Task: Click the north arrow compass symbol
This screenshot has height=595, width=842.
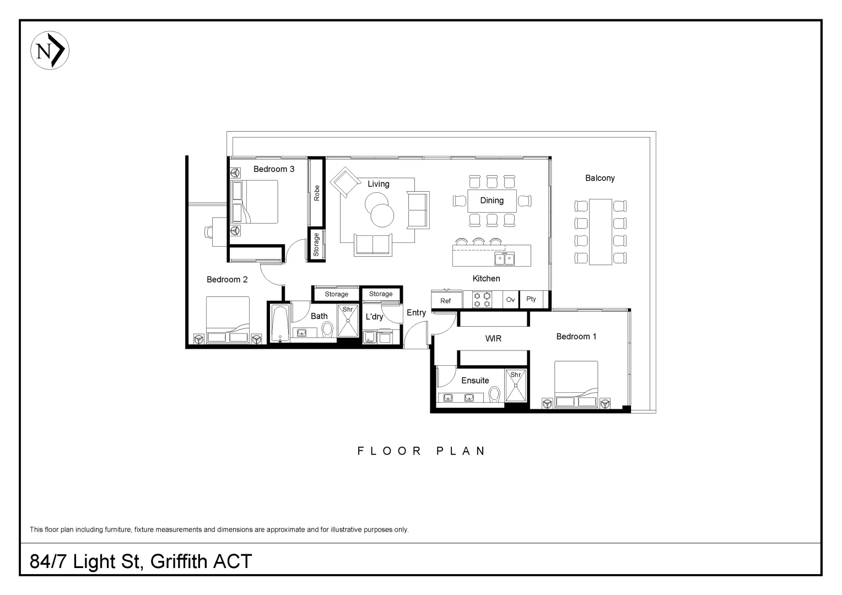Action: point(50,51)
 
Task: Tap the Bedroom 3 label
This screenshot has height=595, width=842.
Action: point(273,169)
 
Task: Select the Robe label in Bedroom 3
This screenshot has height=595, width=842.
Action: point(317,192)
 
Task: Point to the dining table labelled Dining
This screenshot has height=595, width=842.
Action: point(492,201)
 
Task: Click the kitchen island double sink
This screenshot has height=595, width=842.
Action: point(504,258)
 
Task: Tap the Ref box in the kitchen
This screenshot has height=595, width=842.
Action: point(446,300)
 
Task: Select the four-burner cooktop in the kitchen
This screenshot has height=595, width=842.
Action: point(482,300)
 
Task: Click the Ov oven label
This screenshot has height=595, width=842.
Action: point(510,300)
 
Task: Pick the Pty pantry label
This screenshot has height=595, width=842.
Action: point(531,299)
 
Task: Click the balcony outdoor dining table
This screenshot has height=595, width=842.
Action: point(600,232)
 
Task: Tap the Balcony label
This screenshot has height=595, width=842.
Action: point(600,178)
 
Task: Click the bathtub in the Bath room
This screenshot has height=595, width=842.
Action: point(279,323)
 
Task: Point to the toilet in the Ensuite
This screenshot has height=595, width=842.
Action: point(494,394)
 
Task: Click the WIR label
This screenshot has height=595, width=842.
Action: point(493,338)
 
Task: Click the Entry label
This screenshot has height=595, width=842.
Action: point(416,312)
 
